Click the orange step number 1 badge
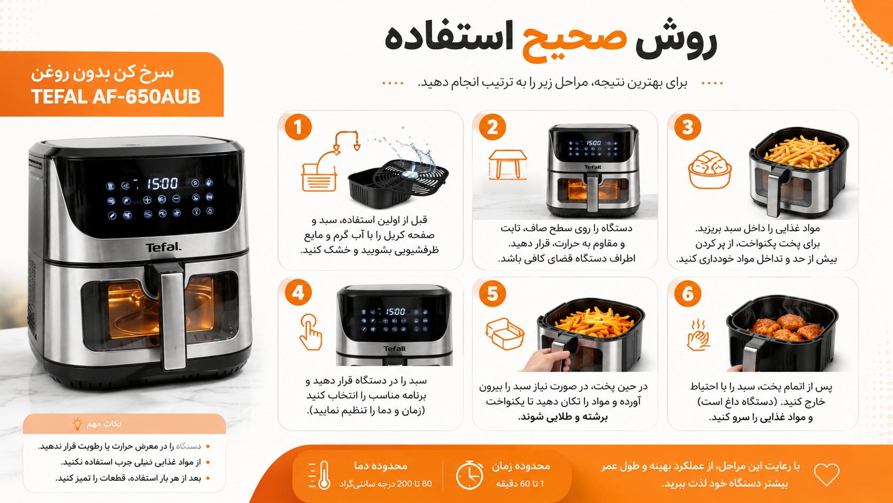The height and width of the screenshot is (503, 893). [298, 127]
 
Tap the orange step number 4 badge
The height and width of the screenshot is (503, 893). [298, 292]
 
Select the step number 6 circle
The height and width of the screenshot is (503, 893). [688, 293]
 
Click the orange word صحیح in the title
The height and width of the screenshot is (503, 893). [575, 42]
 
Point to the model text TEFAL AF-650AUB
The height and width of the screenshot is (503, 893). [115, 97]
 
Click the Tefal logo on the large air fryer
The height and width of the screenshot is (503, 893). [163, 247]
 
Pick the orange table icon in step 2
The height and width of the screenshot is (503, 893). [507, 165]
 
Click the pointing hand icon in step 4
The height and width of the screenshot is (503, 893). [310, 332]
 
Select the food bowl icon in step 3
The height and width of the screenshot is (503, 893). [710, 169]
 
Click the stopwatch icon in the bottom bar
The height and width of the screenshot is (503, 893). [469, 475]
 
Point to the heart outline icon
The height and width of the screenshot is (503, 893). [826, 474]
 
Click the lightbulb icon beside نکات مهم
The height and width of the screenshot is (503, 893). [77, 423]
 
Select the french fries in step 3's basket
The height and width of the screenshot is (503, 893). [802, 152]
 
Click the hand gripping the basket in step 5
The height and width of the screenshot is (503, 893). [548, 360]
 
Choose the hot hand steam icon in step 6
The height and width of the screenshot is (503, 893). [698, 335]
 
